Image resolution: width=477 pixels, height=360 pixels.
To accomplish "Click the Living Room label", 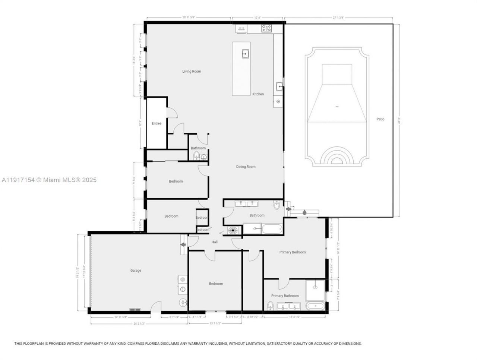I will click(x=192, y=72).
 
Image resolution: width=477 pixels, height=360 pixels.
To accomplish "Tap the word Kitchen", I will click(x=258, y=94).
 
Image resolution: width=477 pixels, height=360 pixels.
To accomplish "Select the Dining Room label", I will click(x=246, y=167).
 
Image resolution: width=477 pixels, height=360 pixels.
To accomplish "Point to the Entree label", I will click(x=157, y=123).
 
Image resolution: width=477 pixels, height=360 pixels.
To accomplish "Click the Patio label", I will click(x=380, y=119).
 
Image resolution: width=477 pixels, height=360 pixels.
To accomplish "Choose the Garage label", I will click(x=136, y=271).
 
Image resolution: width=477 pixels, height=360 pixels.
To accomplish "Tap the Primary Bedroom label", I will click(x=293, y=252).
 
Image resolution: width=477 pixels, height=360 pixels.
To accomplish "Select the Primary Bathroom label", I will click(x=285, y=296).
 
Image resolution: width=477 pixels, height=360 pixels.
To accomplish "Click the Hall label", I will click(x=215, y=242).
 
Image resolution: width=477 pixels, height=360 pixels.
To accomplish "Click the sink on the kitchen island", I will click(x=245, y=54).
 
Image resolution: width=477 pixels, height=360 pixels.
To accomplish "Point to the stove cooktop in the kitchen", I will click(x=266, y=28).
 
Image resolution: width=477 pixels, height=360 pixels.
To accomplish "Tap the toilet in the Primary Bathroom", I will click(x=270, y=306).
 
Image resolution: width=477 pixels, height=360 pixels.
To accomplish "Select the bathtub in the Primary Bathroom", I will click(x=316, y=307).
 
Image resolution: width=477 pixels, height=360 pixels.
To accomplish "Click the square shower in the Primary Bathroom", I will click(x=315, y=290).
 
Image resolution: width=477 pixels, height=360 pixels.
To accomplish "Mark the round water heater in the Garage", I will click(x=183, y=302).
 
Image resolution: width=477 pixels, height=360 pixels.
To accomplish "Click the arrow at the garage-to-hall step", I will click(x=183, y=245).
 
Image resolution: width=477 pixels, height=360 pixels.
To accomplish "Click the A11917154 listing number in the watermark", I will click(x=18, y=180).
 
